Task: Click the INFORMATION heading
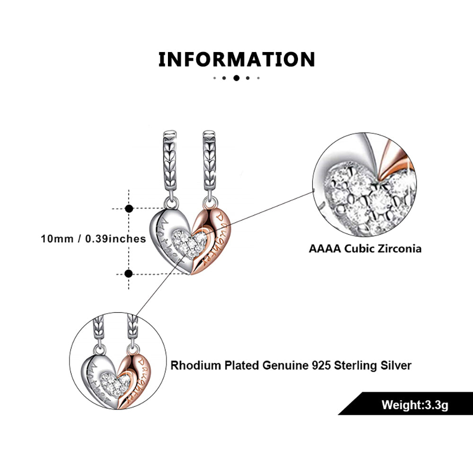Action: (x=236, y=60)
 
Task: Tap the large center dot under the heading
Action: (x=236, y=78)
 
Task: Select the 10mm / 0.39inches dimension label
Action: (x=93, y=239)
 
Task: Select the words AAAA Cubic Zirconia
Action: (x=365, y=248)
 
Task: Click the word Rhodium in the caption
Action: (x=192, y=365)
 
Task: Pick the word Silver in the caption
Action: (x=395, y=365)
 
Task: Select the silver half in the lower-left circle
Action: (x=97, y=374)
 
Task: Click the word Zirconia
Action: (x=398, y=248)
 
